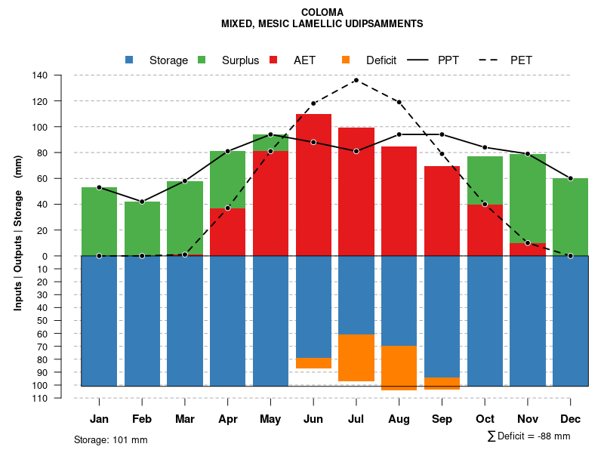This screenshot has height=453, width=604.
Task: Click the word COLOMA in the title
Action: pyautogui.click(x=322, y=12)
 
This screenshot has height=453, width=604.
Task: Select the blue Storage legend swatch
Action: pyautogui.click(x=129, y=60)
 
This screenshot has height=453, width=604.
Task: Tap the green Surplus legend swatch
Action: pyautogui.click(x=202, y=60)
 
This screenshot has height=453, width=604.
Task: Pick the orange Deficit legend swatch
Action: pyautogui.click(x=346, y=60)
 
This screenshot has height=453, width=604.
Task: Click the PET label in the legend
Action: pyautogui.click(x=521, y=60)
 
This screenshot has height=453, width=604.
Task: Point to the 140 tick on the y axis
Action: pyautogui.click(x=40, y=75)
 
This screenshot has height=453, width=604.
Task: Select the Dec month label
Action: pyautogui.click(x=571, y=419)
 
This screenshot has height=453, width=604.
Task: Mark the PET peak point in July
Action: pyautogui.click(x=356, y=80)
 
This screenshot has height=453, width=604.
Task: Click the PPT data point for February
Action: pyautogui.click(x=142, y=202)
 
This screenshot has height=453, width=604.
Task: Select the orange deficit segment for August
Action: pyautogui.click(x=399, y=368)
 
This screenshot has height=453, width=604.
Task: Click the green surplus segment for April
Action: pyautogui.click(x=227, y=180)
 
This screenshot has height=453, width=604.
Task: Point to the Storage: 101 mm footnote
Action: pyautogui.click(x=110, y=439)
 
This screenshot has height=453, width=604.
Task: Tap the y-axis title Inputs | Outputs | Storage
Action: pyautogui.click(x=18, y=233)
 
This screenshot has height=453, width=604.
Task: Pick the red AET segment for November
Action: pyautogui.click(x=528, y=249)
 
